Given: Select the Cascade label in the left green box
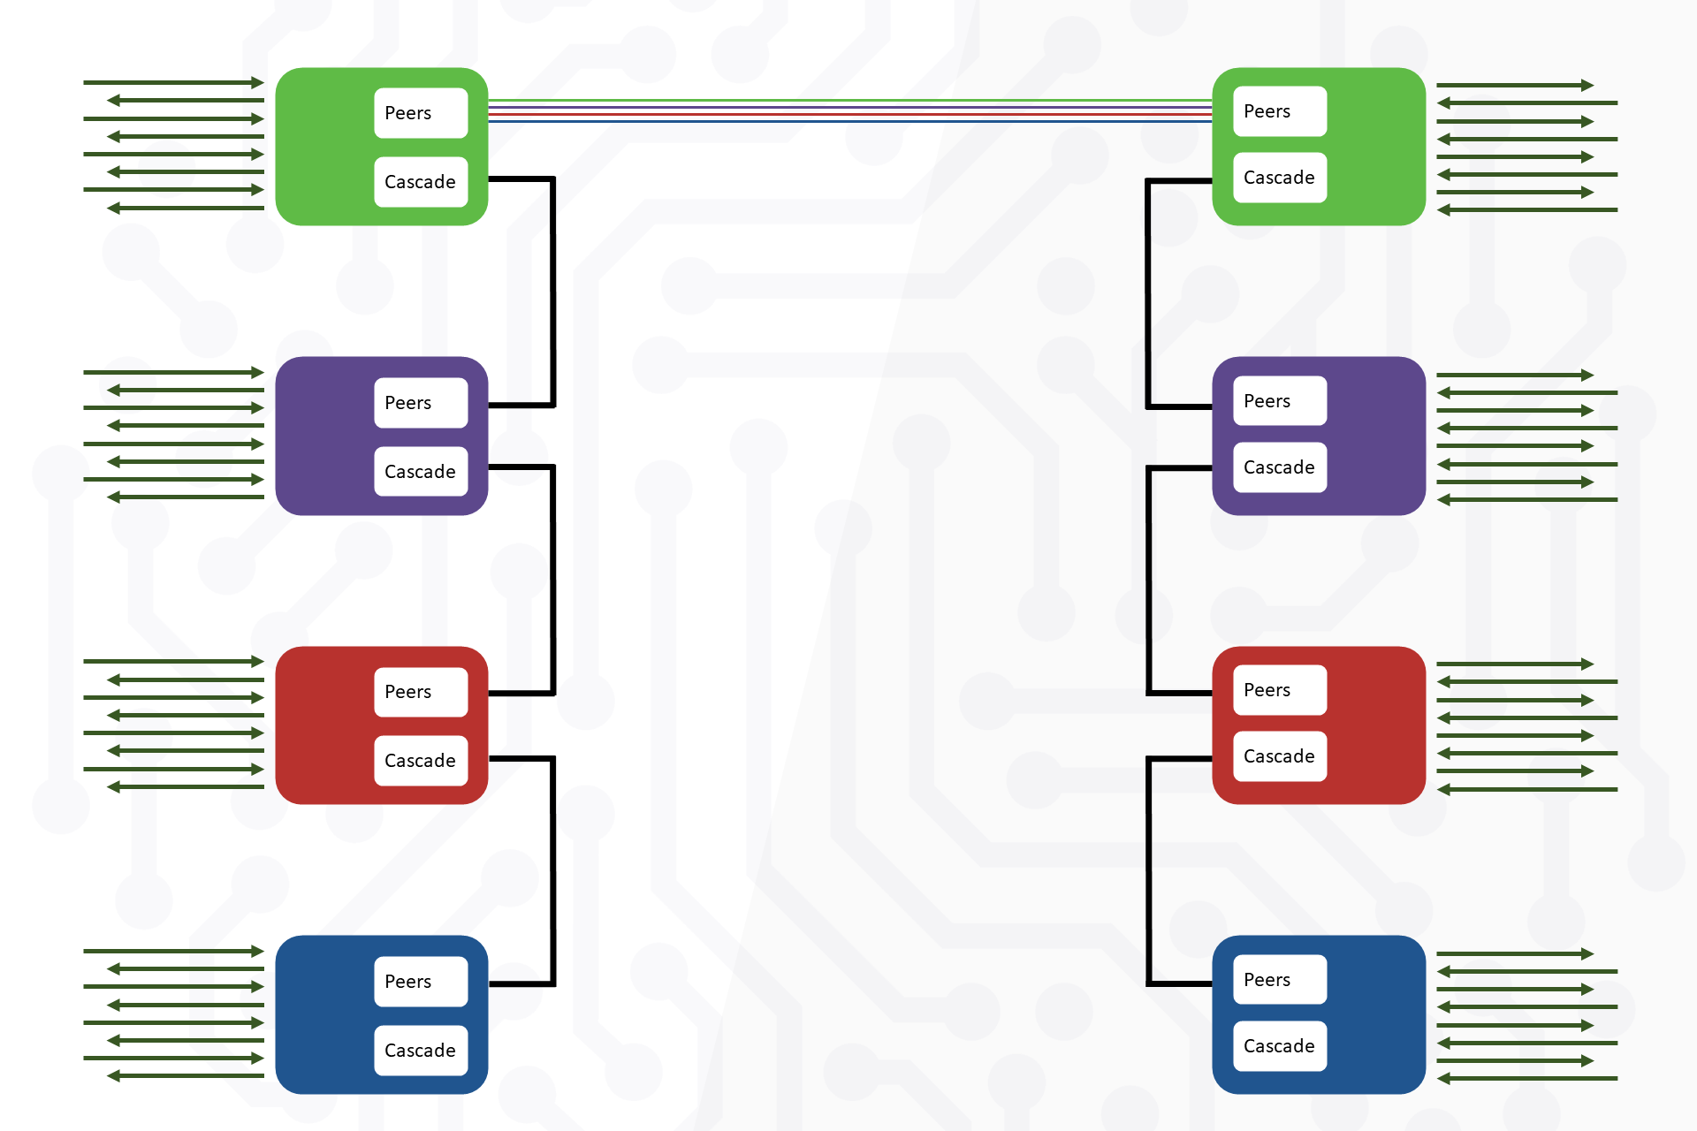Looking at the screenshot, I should click(x=421, y=182).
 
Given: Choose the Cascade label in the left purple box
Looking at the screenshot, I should click(x=421, y=472).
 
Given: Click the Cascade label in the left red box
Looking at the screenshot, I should click(x=421, y=761).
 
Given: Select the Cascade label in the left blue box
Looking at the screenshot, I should click(x=421, y=1051).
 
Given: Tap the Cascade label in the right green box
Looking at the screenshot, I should click(x=1279, y=178).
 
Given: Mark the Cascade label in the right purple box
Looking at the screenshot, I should click(x=1279, y=467).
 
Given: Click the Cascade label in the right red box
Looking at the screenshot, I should click(x=1279, y=756).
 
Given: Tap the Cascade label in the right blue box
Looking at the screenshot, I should click(x=1279, y=1046).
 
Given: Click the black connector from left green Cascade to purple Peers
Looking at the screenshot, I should click(x=553, y=292).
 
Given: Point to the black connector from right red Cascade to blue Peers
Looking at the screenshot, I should click(x=1149, y=870).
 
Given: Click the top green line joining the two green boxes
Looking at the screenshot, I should click(x=848, y=101).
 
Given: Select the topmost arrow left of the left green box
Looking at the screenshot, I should click(x=173, y=83).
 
